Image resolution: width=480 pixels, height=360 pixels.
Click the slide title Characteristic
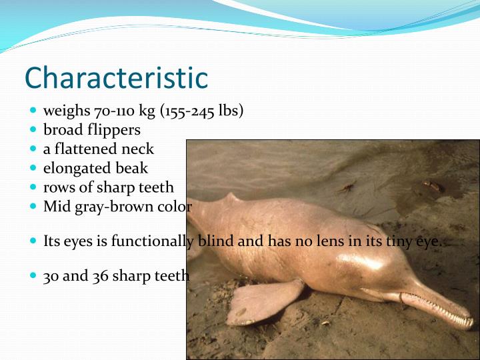point(116,77)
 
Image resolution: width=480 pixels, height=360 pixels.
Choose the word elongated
point(75,168)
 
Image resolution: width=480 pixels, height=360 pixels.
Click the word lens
point(331,241)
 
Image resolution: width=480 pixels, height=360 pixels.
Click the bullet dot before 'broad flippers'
point(33,129)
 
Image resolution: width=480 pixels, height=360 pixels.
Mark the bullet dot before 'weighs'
point(33,111)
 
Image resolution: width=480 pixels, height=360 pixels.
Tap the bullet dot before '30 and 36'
point(33,275)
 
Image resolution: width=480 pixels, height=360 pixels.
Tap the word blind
point(215,241)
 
